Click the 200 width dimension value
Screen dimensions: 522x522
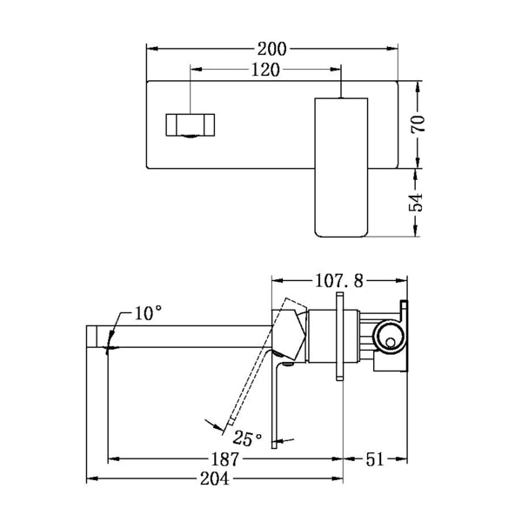274,49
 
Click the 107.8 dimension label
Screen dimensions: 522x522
340,280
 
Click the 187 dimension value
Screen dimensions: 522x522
224,458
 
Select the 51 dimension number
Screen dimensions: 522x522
376,458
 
